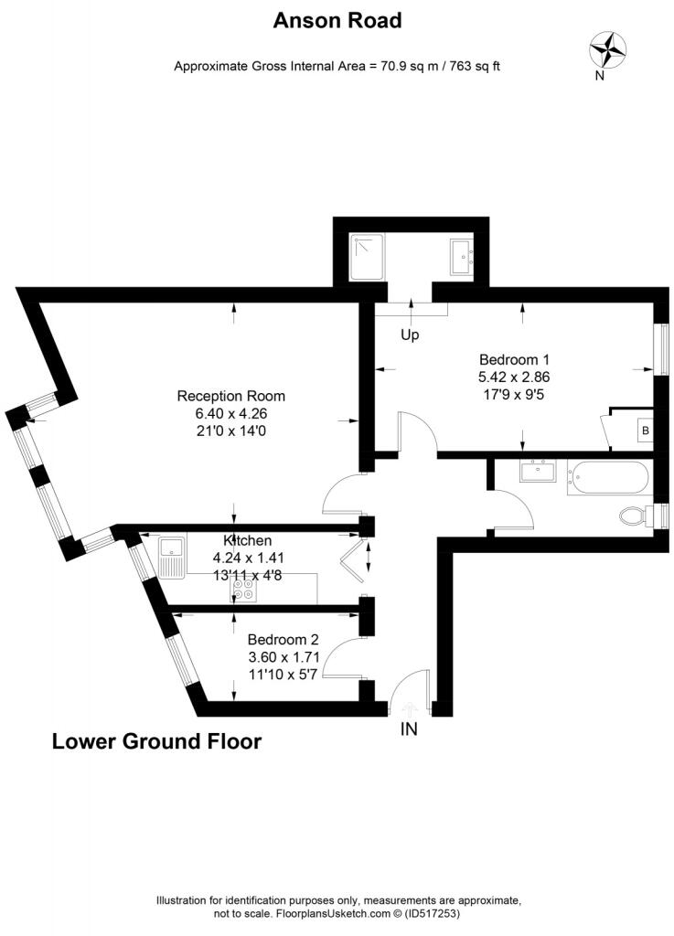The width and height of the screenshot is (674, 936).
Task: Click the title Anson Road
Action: (337, 20)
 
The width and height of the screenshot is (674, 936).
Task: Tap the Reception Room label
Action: (230, 396)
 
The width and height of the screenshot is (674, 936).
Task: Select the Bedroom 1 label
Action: (514, 358)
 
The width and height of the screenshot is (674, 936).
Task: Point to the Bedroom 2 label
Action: (284, 639)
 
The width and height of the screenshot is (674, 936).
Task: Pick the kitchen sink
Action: (171, 557)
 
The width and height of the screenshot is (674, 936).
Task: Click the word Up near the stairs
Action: (410, 335)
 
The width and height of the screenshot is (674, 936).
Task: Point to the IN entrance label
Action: (409, 729)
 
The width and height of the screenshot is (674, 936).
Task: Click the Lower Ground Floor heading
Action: (156, 741)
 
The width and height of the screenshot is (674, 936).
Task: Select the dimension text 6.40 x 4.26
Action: (230, 413)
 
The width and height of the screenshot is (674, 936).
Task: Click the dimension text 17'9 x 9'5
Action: (514, 393)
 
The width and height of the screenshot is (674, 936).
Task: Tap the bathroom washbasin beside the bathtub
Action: (537, 472)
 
